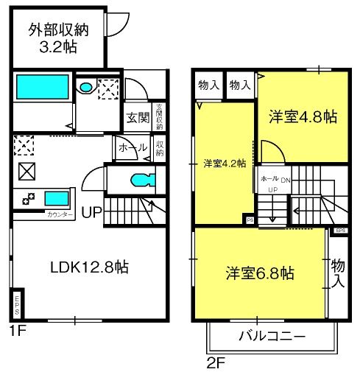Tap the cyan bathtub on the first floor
41,87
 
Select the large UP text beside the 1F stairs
92,214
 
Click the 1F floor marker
18,331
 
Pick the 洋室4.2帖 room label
225,164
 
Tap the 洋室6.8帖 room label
260,273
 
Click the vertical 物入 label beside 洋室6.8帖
338,273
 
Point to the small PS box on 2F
250,220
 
